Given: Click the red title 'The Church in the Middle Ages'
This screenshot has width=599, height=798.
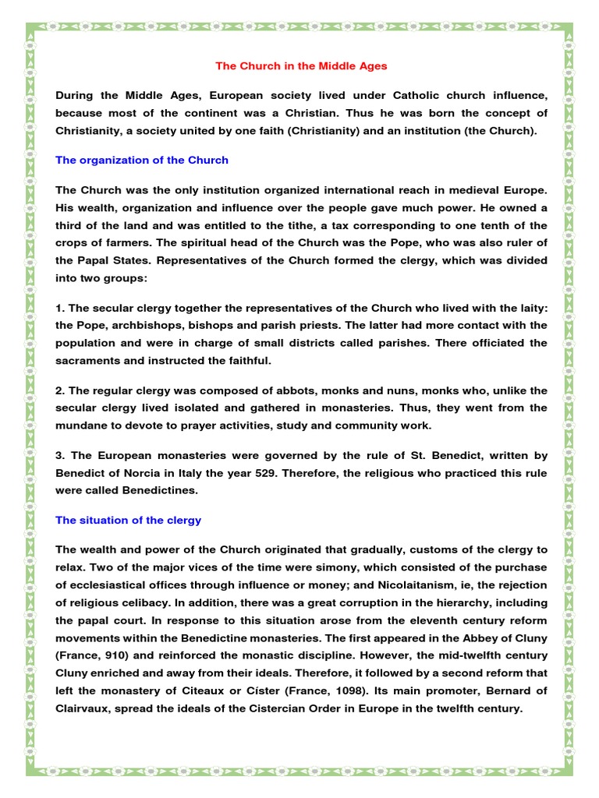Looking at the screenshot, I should pyautogui.click(x=301, y=66).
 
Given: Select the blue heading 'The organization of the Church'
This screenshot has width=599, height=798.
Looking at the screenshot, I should pyautogui.click(x=142, y=160).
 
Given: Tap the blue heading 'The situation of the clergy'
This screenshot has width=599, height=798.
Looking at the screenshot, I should pyautogui.click(x=129, y=520).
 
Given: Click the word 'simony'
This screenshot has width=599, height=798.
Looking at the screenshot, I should pyautogui.click(x=327, y=567).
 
